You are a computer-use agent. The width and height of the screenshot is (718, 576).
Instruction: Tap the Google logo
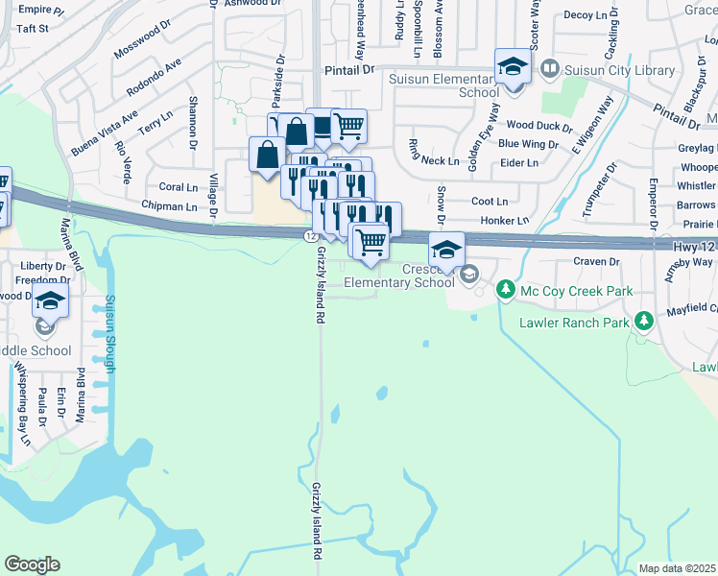(x=32, y=564)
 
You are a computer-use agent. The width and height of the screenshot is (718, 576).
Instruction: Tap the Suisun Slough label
(x=112, y=333)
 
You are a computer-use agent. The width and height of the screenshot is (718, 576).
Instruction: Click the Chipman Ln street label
(x=168, y=206)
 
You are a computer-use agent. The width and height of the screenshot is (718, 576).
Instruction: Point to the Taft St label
(x=32, y=29)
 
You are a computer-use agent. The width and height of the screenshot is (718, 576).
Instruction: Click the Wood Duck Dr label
(x=532, y=125)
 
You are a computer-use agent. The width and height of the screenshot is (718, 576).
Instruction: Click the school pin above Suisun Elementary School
(x=513, y=68)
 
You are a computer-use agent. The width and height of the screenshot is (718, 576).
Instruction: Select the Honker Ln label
(x=504, y=221)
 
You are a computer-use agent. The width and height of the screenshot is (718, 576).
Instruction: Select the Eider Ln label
(x=518, y=163)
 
